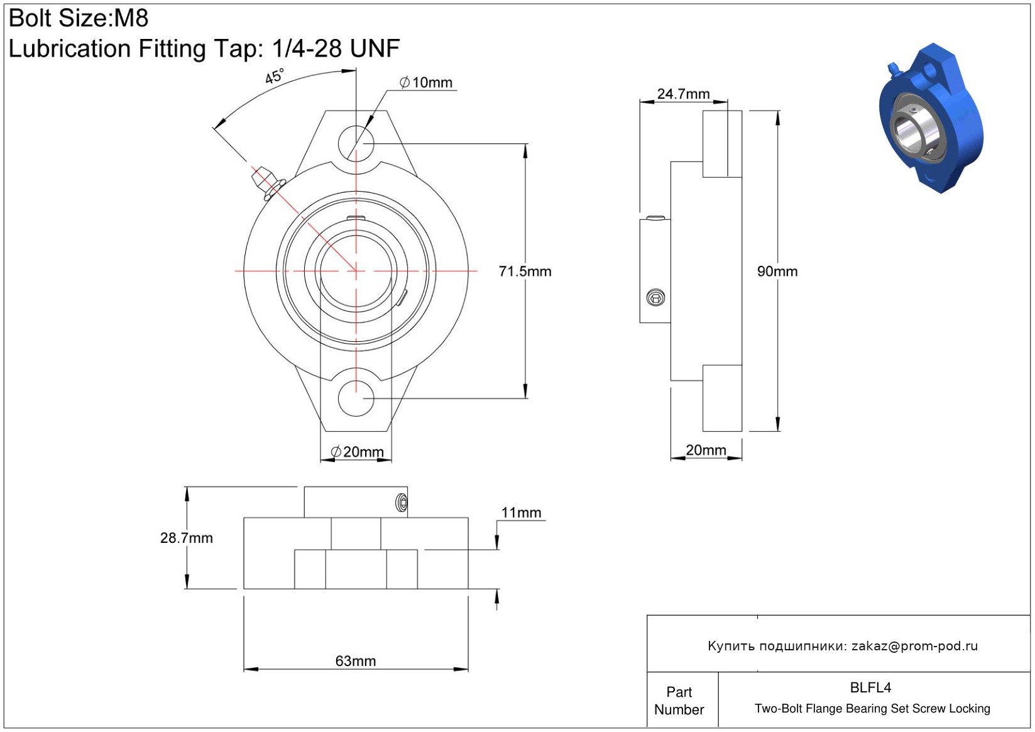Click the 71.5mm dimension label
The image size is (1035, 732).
525,271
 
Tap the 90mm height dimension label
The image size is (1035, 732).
777,271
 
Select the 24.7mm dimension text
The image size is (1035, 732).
683,94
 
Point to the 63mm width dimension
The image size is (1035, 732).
355,661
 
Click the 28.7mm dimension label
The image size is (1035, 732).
186,538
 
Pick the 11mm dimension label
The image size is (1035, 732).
521,513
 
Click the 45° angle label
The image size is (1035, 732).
275,76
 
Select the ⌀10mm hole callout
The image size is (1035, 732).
425,82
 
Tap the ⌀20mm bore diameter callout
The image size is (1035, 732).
357,452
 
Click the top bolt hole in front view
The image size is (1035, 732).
356,143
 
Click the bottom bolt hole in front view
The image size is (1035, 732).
356,398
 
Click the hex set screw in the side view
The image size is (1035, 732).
655,298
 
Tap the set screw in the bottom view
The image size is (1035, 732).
402,503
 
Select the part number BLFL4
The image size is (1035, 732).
870,687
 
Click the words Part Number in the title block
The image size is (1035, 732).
679,701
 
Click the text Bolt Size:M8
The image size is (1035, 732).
79,18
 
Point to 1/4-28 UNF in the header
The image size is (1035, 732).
336,48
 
